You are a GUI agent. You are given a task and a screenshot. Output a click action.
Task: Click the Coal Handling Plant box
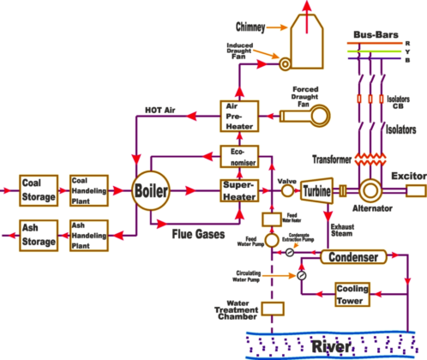90,189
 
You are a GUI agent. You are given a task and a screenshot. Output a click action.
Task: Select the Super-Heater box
238,189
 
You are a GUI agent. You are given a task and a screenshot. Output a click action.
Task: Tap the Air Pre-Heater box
238,116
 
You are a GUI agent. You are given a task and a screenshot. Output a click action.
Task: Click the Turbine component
319,189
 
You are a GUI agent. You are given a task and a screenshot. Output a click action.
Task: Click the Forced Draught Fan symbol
322,114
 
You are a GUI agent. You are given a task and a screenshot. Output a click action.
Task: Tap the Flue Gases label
200,232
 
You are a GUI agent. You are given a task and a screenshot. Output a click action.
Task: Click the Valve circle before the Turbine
287,190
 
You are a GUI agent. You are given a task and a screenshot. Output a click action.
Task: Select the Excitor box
413,190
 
